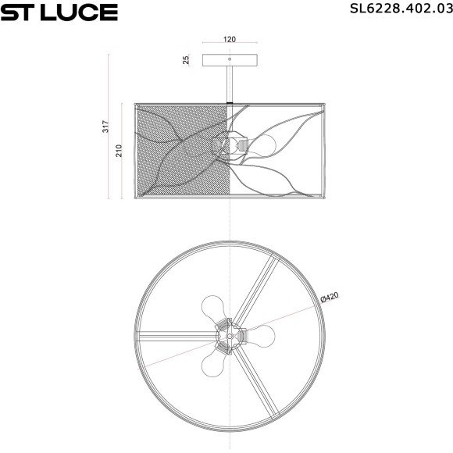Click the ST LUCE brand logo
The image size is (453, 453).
pos(59,12)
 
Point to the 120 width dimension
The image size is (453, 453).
pos(230,38)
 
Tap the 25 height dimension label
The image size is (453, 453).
pos(187,60)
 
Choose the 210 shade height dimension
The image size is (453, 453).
pos(119,150)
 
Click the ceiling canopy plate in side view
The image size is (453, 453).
pos(230,60)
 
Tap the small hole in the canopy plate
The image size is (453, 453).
pos(230,59)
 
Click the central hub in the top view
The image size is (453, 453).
pos(229,334)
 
